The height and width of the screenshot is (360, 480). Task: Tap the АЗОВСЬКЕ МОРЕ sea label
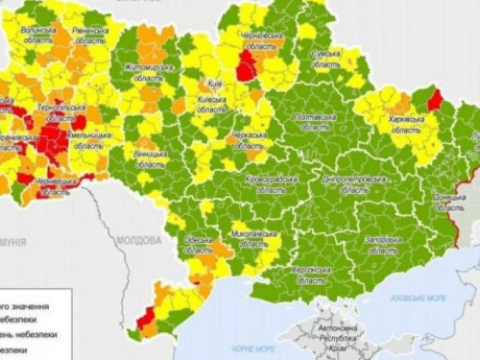pyautogui.click(x=416, y=299)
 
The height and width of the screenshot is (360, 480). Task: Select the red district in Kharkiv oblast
pyautogui.click(x=433, y=100)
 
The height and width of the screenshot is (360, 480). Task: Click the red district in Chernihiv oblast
pyautogui.click(x=247, y=67)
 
